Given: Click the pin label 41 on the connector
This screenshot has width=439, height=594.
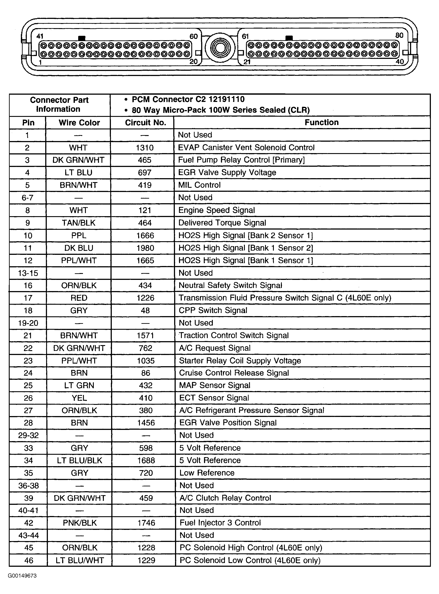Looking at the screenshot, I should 40,36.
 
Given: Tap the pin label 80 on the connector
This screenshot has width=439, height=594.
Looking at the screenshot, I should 399,35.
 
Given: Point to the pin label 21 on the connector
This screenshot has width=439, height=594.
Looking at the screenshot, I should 247,62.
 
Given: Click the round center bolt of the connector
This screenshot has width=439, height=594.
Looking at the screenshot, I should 220,48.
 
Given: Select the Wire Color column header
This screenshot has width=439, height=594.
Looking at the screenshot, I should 79,123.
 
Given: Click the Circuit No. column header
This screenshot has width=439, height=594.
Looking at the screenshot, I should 145,123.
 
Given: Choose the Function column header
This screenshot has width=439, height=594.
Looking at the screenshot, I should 322,122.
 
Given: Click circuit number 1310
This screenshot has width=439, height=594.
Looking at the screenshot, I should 145,147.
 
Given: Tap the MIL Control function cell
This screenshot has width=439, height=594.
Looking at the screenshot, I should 199,185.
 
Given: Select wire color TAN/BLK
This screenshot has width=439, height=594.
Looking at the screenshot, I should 79,223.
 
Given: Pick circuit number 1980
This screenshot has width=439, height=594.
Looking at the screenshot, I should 145,248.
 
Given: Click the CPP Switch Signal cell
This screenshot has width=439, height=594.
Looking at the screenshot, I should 213,310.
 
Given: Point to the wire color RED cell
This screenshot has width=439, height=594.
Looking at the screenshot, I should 79,298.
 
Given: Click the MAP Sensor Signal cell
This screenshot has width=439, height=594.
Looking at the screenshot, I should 215,385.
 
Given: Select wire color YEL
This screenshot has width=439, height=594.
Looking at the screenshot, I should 79,398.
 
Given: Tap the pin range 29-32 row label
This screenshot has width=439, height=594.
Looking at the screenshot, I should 28,435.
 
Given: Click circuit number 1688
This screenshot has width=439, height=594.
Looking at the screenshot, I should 146,460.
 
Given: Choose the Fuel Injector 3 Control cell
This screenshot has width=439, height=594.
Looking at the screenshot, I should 220,523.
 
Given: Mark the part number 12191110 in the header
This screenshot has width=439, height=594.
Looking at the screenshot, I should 226,99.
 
